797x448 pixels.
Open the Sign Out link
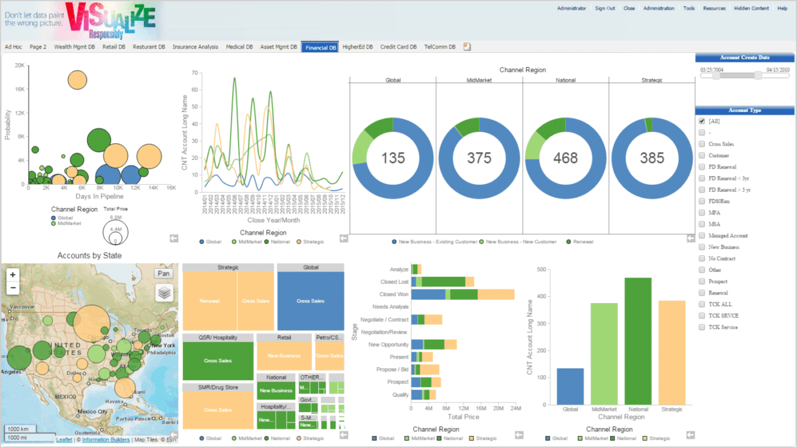605,8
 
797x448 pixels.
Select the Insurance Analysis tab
196,47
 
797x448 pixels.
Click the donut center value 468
565,158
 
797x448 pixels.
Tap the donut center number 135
393,158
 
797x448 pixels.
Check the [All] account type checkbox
702,121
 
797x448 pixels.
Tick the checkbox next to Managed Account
702,236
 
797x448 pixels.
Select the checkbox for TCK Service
702,327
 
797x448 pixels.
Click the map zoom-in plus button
13,274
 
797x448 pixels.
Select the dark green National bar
638,341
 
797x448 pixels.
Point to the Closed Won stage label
394,294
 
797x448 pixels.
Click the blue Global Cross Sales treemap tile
311,301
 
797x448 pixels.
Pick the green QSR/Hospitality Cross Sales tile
217,361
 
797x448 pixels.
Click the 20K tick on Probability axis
20,65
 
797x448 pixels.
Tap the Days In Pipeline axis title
99,197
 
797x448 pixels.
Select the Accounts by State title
89,255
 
